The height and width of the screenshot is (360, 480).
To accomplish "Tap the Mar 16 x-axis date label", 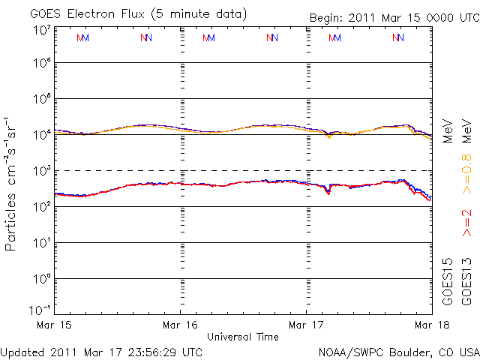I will pyautogui.click(x=181, y=325).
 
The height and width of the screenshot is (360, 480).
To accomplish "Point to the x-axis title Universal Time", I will pyautogui.click(x=242, y=337).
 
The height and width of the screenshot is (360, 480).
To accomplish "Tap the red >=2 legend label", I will pyautogui.click(x=466, y=223).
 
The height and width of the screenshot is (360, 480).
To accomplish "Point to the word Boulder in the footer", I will pyautogui.click(x=412, y=351).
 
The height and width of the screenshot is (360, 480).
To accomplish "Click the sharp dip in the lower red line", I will pyautogui.click(x=328, y=193).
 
